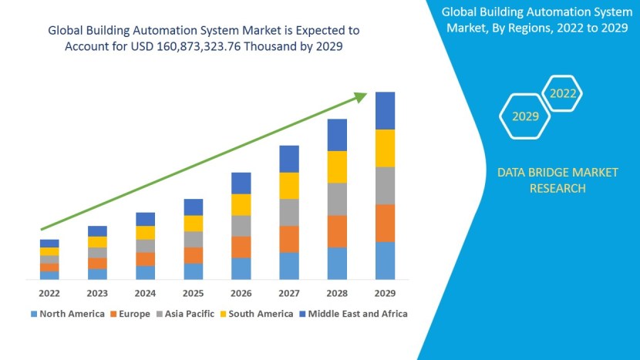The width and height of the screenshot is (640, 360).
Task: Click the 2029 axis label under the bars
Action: coord(385,293)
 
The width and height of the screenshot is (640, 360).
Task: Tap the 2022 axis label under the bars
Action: coord(49,293)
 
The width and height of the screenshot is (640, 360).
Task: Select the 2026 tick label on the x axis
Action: coord(241,293)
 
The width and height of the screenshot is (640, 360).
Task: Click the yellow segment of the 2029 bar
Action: coord(385,148)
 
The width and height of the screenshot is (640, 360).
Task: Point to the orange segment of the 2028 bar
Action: coord(337,231)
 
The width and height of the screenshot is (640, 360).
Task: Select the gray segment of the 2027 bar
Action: coord(289,212)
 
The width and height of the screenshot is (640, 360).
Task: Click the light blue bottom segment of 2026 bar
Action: coord(241,268)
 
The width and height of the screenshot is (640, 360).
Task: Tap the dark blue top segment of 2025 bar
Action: coord(194,207)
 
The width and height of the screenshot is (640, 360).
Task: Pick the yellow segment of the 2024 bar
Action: coord(145,232)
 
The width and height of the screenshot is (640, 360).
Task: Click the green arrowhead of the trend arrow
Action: coord(360,96)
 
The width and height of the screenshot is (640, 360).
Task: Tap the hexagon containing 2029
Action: coord(525,116)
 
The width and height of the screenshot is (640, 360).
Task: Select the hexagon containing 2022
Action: coord(562,94)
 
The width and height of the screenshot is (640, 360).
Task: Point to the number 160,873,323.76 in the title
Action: coord(183,46)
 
